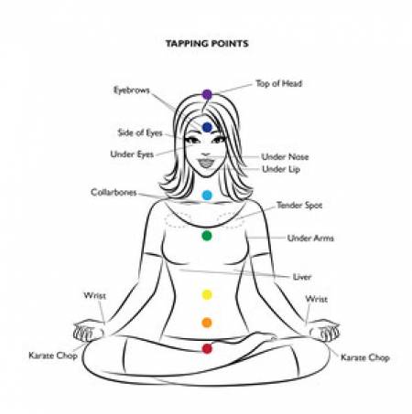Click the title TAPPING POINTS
pos(207,44)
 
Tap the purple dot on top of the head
pos(207,94)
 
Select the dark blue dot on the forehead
pos(207,127)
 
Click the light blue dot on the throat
pos(207,195)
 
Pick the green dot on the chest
pos(207,236)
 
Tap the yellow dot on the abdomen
pos(207,294)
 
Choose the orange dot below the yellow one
pos(207,323)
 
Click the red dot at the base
pos(207,348)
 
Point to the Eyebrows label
pos(132,90)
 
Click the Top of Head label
pos(279,83)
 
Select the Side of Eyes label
pos(140,133)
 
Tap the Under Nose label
pos(285,157)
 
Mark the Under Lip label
pos(281,169)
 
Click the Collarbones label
pos(114,193)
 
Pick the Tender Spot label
pos(299,206)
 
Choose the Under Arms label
pos(310,238)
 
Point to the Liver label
pos(302,277)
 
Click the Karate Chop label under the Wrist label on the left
pos(53,356)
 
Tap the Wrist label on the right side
pos(316,299)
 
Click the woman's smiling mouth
pos(207,163)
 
